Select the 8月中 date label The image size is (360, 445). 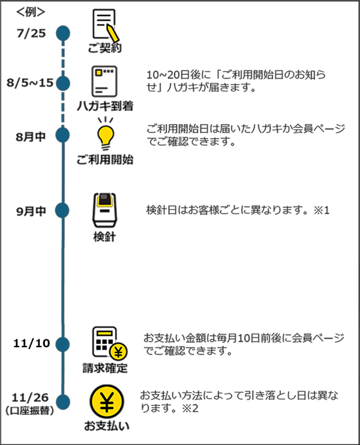[x=31, y=135]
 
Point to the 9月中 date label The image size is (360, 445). [x=31, y=211]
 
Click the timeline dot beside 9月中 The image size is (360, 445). [x=63, y=210]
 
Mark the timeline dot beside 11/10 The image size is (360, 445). [x=63, y=344]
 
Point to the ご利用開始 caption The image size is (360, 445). [x=105, y=160]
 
